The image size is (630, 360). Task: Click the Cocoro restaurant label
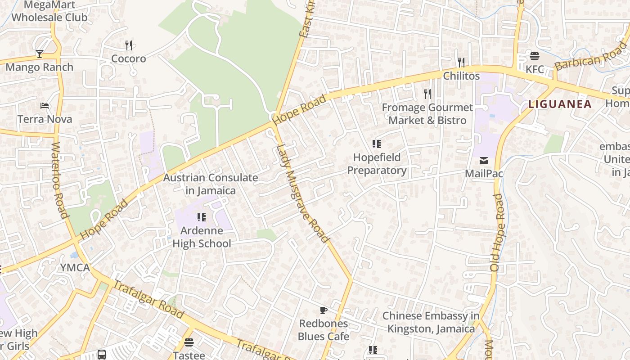tap(129, 58)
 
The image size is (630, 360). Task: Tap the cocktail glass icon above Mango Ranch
tap(40, 54)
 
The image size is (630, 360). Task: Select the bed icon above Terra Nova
tap(45, 106)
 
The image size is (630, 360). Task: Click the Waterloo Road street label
tap(59, 180)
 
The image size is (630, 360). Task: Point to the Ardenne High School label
tap(202, 237)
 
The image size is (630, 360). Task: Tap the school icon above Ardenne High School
tap(202, 217)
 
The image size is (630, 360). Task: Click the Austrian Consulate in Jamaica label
tap(211, 184)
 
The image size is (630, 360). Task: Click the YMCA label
tap(75, 268)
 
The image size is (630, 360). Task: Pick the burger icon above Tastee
tap(189, 342)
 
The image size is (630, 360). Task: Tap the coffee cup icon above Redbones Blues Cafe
tap(323, 310)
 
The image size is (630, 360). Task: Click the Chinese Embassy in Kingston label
tap(431, 322)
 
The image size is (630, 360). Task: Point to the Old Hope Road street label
tap(498, 232)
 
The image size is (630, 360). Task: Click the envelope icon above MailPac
tap(484, 161)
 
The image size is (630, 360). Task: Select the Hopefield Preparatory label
tap(377, 164)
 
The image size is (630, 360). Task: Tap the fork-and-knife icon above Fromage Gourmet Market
tap(427, 94)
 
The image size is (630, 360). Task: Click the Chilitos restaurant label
tap(461, 76)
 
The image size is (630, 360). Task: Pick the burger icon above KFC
tap(535, 56)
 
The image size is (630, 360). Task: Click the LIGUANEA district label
tap(560, 104)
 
